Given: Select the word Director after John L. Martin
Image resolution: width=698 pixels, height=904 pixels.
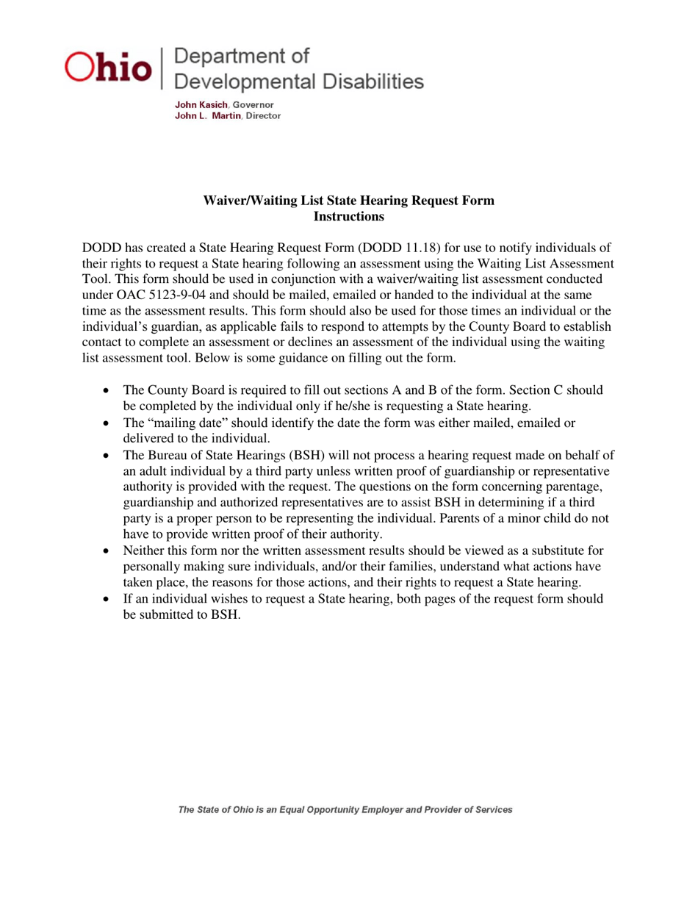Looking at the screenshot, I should (263, 116).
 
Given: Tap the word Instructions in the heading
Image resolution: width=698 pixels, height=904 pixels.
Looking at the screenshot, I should (348, 216).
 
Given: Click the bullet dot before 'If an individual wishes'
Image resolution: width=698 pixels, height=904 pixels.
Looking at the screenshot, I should (109, 599).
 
